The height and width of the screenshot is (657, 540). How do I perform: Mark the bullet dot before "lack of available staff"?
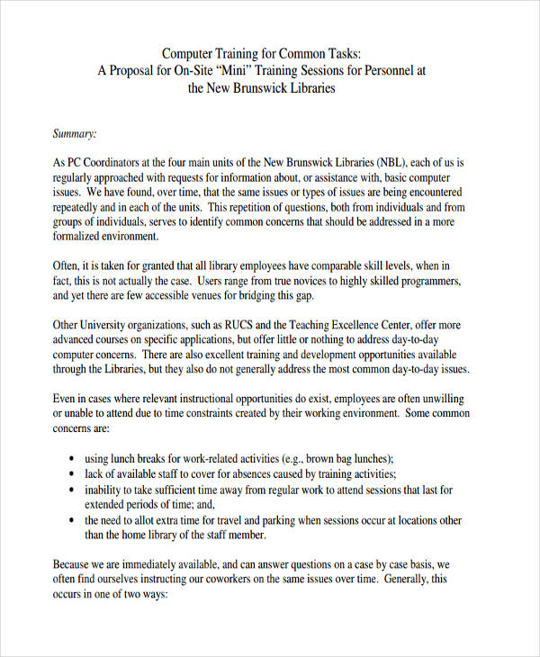coord(72,474)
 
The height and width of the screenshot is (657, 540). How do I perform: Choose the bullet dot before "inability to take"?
coord(72,490)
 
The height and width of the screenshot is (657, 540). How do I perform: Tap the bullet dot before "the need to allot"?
coord(72,520)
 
